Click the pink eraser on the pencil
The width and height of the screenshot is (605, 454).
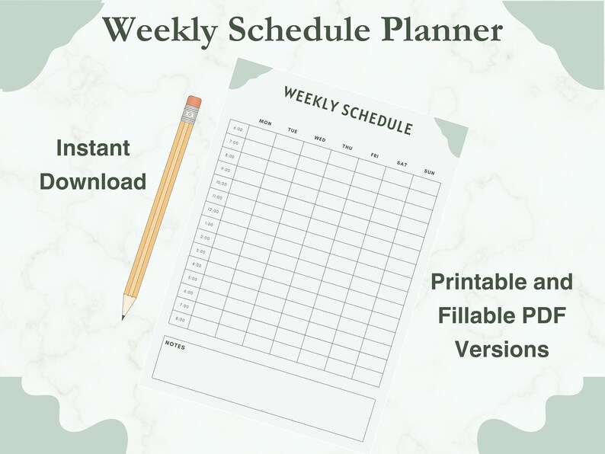tap(194, 101)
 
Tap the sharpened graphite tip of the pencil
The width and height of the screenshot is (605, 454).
tap(123, 315)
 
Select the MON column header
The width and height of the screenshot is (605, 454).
tap(265, 122)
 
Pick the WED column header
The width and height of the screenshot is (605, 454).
tap(320, 139)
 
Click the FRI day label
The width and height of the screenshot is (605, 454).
tap(374, 155)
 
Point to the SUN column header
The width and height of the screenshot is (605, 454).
tap(428, 172)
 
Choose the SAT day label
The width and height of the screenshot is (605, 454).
tap(402, 164)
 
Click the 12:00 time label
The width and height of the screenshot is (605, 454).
tap(213, 210)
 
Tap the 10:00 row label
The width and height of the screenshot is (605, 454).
tap(221, 183)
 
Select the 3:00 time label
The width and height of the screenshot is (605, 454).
tap(201, 251)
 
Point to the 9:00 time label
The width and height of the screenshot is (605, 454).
tap(226, 169)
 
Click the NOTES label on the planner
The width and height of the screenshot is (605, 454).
tap(175, 346)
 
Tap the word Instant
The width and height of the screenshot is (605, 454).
tap(93, 148)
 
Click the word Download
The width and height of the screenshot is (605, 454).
tap(93, 181)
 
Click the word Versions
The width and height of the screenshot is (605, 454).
tap(502, 349)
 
